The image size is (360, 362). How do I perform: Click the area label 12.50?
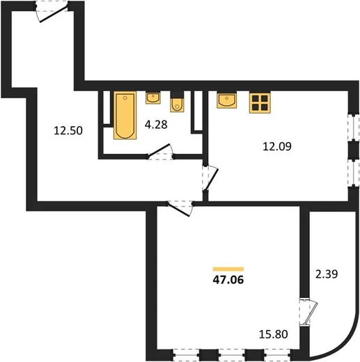pyautogui.click(x=68, y=131)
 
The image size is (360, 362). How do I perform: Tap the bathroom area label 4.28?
pyautogui.click(x=156, y=125)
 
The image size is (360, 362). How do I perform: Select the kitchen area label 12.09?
pyautogui.click(x=277, y=147)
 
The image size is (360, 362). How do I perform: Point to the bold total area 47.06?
pyautogui.click(x=228, y=280)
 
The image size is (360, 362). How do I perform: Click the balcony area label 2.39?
pyautogui.click(x=327, y=274)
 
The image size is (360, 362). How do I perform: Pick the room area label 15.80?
pyautogui.click(x=274, y=334)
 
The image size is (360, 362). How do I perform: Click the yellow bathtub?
pyautogui.click(x=125, y=116)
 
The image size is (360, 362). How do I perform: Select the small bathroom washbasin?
pyautogui.click(x=153, y=97)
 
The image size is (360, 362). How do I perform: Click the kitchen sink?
pyautogui.click(x=227, y=100)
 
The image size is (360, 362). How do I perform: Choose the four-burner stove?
pyautogui.click(x=260, y=103)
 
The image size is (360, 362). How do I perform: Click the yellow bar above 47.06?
pyautogui.click(x=228, y=269)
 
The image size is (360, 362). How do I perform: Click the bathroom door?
pyautogui.click(x=161, y=152)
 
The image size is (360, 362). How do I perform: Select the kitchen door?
pyautogui.click(x=210, y=178)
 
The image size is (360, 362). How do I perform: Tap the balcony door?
pyautogui.click(x=308, y=313)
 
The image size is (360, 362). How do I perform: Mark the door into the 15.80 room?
pyautogui.click(x=180, y=208)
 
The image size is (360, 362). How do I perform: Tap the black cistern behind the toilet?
pyautogui.click(x=177, y=95)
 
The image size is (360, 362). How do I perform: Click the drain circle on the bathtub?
pyautogui.click(x=125, y=98)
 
